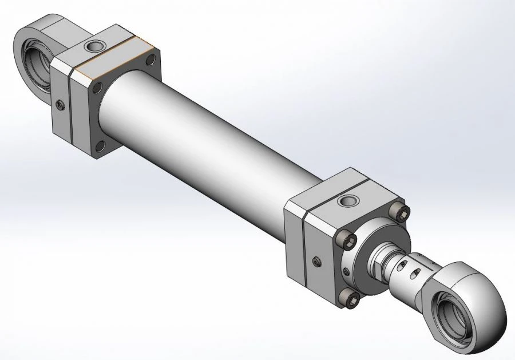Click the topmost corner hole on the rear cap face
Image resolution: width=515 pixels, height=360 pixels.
click(150, 57)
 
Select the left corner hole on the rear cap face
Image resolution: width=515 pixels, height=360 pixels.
click(97, 87)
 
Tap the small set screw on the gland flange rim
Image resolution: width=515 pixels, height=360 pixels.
click(346, 270)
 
